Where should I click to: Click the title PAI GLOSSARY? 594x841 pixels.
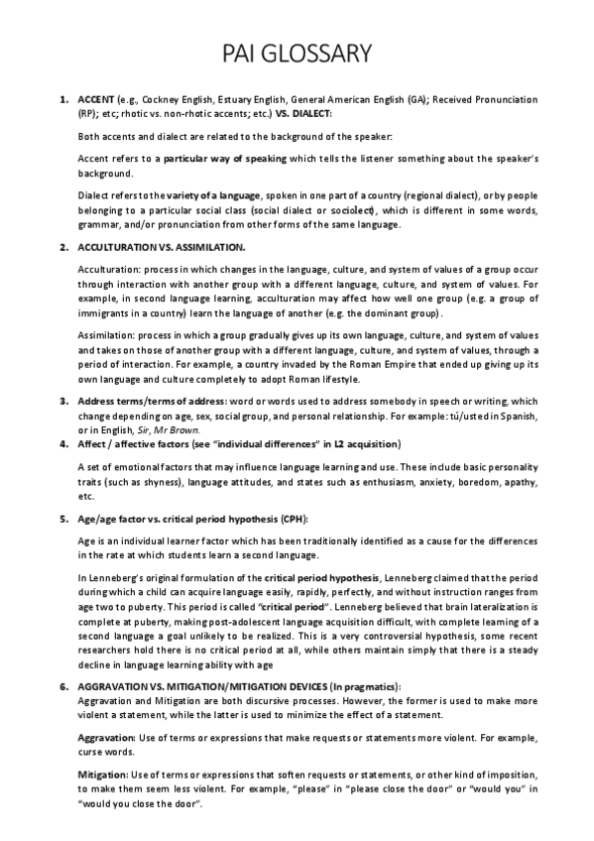point(297,52)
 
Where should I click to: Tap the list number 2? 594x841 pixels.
point(63,245)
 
